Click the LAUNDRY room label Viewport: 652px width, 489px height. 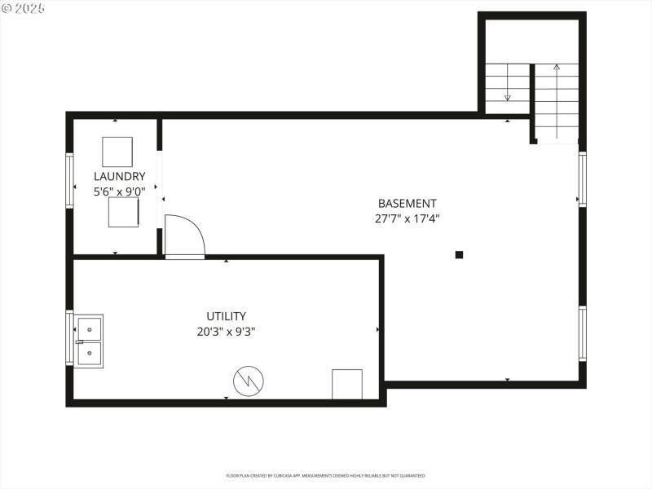pos(119,176)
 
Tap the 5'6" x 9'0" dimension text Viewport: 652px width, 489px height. pos(119,192)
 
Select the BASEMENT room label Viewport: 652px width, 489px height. pos(407,203)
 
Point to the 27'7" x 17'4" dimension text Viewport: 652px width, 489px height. pos(407,218)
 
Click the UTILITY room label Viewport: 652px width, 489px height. pos(226,316)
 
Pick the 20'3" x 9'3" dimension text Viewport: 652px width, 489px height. pos(226,332)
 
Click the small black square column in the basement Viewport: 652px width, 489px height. pos(459,254)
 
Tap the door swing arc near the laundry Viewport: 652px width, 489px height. pos(184,237)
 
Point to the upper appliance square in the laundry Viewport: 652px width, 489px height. pos(117,152)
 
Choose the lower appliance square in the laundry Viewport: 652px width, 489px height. pos(123,214)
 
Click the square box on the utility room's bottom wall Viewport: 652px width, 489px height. pos(346,384)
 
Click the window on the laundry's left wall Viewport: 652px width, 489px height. pos(70,180)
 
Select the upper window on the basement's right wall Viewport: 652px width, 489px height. pos(582,179)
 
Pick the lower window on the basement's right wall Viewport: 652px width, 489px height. pos(582,333)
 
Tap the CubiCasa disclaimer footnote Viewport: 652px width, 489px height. pos(325,475)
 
